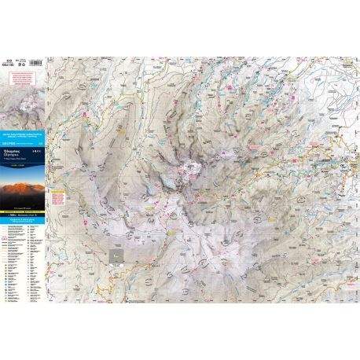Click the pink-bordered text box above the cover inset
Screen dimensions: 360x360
pos(23,75)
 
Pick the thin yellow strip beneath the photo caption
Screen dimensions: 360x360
pos(24,211)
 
